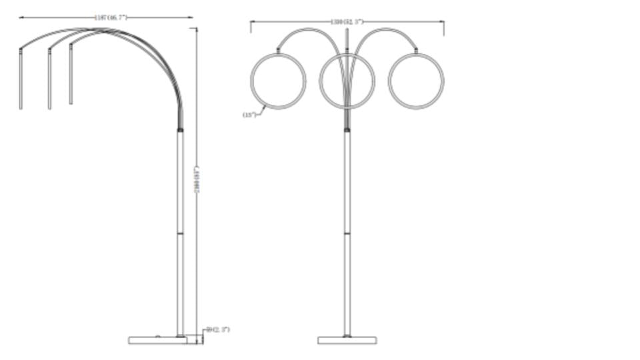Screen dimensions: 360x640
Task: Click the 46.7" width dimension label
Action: point(111,17)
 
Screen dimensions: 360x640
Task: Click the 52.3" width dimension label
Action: point(347,22)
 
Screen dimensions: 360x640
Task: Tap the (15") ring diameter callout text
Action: point(249,115)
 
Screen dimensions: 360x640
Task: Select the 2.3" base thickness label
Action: point(218,330)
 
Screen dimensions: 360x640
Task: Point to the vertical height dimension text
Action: point(196,180)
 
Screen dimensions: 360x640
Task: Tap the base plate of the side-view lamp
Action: point(158,340)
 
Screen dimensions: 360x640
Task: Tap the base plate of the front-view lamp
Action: point(347,340)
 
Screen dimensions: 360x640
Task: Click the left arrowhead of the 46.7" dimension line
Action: point(21,17)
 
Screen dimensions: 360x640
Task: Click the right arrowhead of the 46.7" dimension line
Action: point(191,17)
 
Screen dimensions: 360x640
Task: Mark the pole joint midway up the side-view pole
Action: point(180,233)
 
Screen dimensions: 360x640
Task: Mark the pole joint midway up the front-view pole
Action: point(347,233)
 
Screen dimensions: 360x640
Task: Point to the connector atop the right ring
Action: point(416,50)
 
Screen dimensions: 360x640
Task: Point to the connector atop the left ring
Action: point(278,50)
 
